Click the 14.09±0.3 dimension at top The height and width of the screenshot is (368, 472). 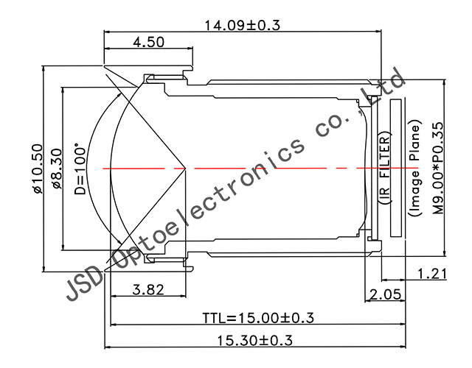click(x=243, y=25)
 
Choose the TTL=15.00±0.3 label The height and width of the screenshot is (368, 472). click(x=258, y=318)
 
